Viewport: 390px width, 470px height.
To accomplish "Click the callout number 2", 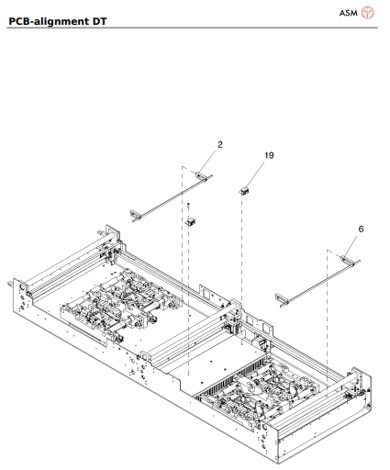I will point(220,144).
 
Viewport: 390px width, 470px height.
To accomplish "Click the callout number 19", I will point(269,156).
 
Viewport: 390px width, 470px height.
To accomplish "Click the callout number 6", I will point(361,229).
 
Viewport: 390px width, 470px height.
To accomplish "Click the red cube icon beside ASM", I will point(368,12).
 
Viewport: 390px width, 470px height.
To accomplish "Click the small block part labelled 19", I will point(245,191).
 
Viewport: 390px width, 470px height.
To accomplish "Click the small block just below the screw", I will point(192,220).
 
